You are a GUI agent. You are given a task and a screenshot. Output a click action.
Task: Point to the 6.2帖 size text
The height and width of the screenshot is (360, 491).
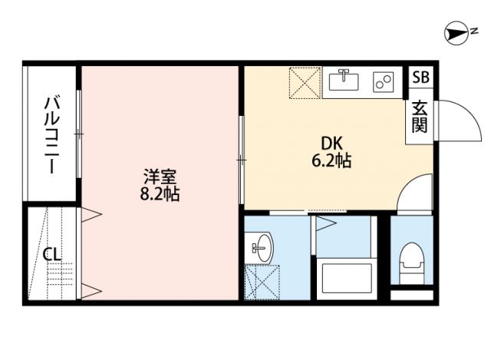tap(331, 161)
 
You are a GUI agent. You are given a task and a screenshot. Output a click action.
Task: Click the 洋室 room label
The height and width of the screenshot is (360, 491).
tap(159, 175)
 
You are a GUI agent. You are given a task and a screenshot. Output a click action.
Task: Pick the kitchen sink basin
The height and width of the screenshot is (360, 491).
tap(343, 79)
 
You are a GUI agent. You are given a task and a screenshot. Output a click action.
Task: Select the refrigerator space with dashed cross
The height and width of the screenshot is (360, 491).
tap(305, 82)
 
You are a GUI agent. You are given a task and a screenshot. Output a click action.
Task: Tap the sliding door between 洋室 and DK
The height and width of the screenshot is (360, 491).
tap(241, 160)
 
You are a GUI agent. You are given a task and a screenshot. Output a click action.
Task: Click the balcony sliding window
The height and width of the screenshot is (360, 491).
tap(79, 134)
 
